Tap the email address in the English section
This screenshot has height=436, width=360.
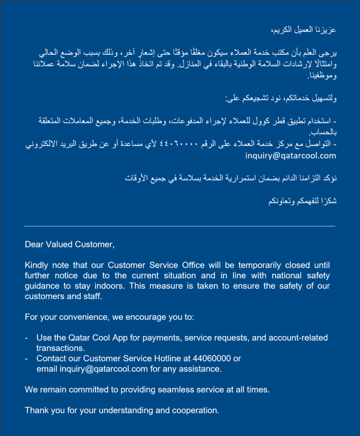coord(104,369)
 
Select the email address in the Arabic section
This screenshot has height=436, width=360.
coord(291,156)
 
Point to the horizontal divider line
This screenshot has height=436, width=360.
coord(180,226)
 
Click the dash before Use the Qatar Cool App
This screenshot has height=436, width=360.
coord(26,338)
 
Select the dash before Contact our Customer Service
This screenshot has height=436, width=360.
coord(26,359)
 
